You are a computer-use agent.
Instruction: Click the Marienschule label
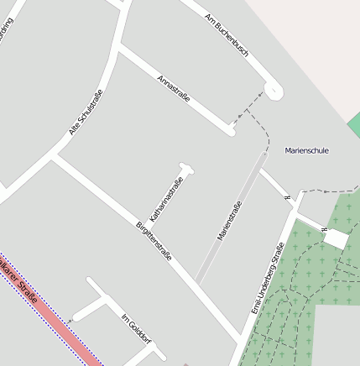tap(306, 151)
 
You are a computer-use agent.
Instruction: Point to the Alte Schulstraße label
tap(86, 112)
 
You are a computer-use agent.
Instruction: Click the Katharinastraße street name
tap(166, 199)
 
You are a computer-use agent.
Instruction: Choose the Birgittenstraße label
tap(154, 240)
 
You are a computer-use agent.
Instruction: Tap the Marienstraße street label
tap(230, 221)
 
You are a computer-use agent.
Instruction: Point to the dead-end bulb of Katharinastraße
tap(186, 168)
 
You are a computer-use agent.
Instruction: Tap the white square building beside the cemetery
tap(336, 238)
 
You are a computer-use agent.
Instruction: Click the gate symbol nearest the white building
tap(324, 228)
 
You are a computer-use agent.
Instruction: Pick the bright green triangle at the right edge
tap(354, 124)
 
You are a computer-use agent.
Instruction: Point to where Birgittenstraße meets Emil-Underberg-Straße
tap(243, 339)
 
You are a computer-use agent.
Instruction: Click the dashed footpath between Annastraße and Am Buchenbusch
tap(248, 107)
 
